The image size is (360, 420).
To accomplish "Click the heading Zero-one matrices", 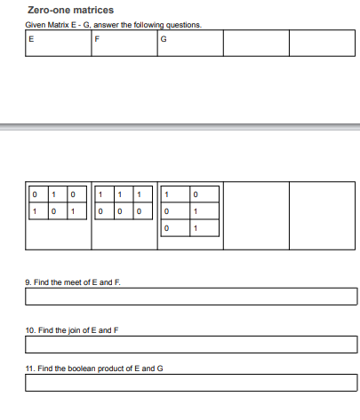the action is [70, 10].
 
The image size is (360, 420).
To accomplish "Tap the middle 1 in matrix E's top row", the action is [52, 194].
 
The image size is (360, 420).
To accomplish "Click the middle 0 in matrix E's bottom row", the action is [52, 212].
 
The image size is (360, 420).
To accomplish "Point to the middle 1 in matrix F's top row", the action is [120, 194].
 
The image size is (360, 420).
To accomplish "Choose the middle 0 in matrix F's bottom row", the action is [120, 212].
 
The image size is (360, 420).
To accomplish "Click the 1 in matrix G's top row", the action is [166, 194].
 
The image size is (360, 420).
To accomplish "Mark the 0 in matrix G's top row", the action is [195, 194].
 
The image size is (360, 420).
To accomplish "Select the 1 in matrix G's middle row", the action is [195, 212].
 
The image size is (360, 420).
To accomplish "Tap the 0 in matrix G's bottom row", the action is [166, 230].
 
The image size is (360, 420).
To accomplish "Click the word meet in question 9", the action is [71, 281].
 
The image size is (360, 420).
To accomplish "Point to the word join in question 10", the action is [72, 329].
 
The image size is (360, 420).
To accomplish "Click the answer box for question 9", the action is [191, 296].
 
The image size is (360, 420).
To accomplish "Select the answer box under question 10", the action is [191, 344].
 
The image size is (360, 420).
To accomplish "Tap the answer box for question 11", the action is [191, 384].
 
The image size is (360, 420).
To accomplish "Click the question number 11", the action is [30, 368].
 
